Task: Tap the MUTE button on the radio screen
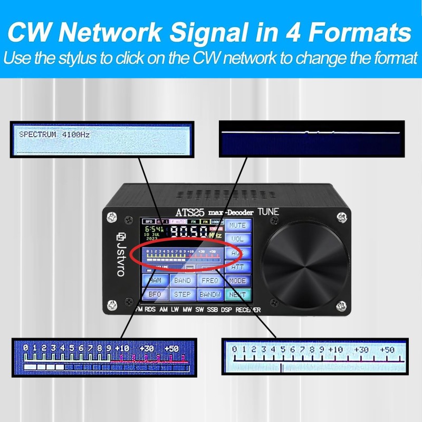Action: point(238,225)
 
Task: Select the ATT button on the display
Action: point(238,267)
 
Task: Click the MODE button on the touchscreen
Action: point(238,281)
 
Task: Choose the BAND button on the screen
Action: point(183,281)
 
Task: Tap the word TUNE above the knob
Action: point(268,212)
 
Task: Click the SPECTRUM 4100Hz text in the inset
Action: point(54,135)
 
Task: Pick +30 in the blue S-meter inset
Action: point(147,349)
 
